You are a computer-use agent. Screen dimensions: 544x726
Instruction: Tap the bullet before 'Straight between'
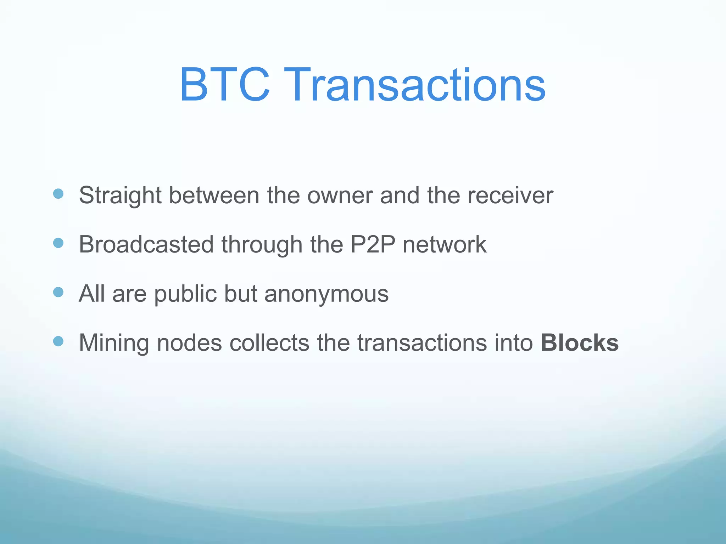point(58,194)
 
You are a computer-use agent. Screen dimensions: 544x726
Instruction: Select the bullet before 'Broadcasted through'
point(58,243)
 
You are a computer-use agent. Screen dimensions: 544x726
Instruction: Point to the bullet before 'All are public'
point(58,292)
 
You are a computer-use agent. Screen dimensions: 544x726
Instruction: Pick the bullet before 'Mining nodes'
point(58,341)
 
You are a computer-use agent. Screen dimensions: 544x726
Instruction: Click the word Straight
point(120,196)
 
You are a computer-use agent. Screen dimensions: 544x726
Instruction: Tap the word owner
point(340,196)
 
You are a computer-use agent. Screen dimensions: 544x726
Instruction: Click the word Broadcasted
point(146,244)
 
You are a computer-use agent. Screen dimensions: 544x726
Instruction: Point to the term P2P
point(373,244)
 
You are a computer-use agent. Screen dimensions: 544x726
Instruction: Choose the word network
point(445,244)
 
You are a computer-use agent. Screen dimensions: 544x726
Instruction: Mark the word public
point(185,294)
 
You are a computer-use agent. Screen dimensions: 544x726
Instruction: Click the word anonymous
point(326,294)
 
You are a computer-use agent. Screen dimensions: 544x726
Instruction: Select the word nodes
point(189,343)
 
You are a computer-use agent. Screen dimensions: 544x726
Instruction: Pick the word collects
point(269,343)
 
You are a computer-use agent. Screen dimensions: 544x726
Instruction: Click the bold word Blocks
point(580,343)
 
